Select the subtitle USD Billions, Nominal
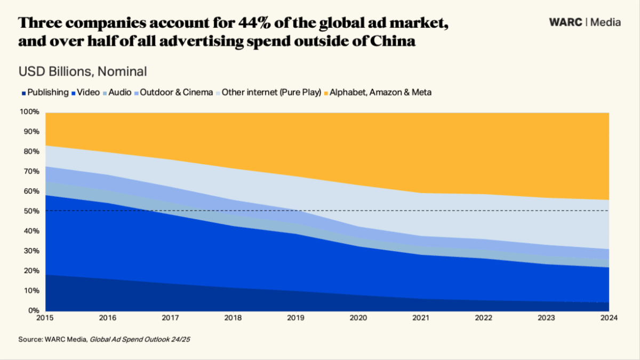[83, 71]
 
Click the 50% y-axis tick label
[31, 211]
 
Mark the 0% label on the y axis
[33, 310]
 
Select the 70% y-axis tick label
[31, 171]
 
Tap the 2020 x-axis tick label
[359, 318]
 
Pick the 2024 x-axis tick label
[609, 318]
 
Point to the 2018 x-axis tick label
[234, 318]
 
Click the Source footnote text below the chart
[104, 339]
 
